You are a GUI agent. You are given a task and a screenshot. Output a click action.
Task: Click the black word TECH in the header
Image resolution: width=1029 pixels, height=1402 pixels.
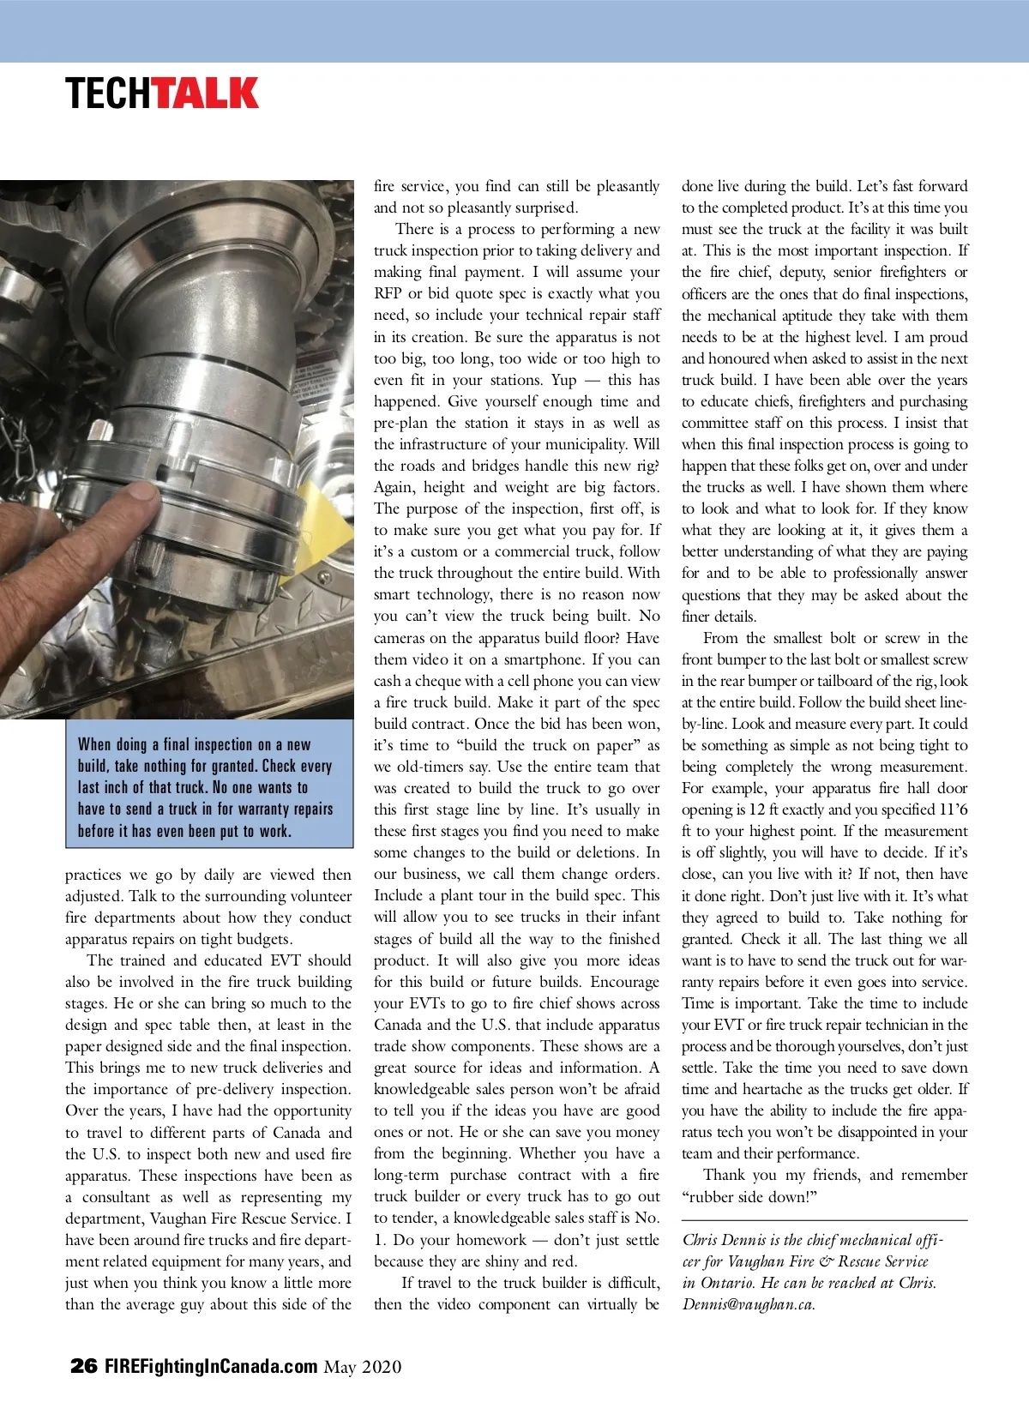pyautogui.click(x=109, y=93)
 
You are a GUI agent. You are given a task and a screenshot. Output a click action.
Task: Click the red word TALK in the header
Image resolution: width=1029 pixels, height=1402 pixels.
pyautogui.click(x=207, y=93)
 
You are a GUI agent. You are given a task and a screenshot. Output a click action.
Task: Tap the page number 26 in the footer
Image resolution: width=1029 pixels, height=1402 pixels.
pyautogui.click(x=84, y=1366)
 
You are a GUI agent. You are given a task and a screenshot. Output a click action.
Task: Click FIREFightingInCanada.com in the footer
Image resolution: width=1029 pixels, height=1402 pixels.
pyautogui.click(x=211, y=1366)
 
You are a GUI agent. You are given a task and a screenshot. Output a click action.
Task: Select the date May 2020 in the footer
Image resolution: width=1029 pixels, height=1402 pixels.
pyautogui.click(x=363, y=1367)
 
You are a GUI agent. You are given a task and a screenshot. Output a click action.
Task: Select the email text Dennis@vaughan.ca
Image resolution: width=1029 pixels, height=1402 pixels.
pyautogui.click(x=749, y=1304)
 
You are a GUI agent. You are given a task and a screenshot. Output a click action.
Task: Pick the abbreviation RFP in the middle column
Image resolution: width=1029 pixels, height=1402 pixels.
pyautogui.click(x=388, y=293)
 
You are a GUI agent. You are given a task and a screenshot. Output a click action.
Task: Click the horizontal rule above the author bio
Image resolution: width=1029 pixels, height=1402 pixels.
pyautogui.click(x=824, y=1219)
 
